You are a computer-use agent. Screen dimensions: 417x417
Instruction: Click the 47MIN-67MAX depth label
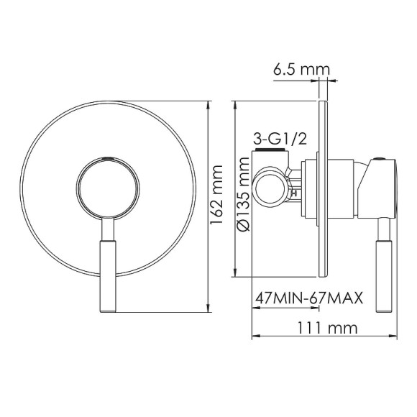(x=308, y=297)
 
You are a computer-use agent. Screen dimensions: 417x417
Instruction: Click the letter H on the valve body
(x=293, y=193)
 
